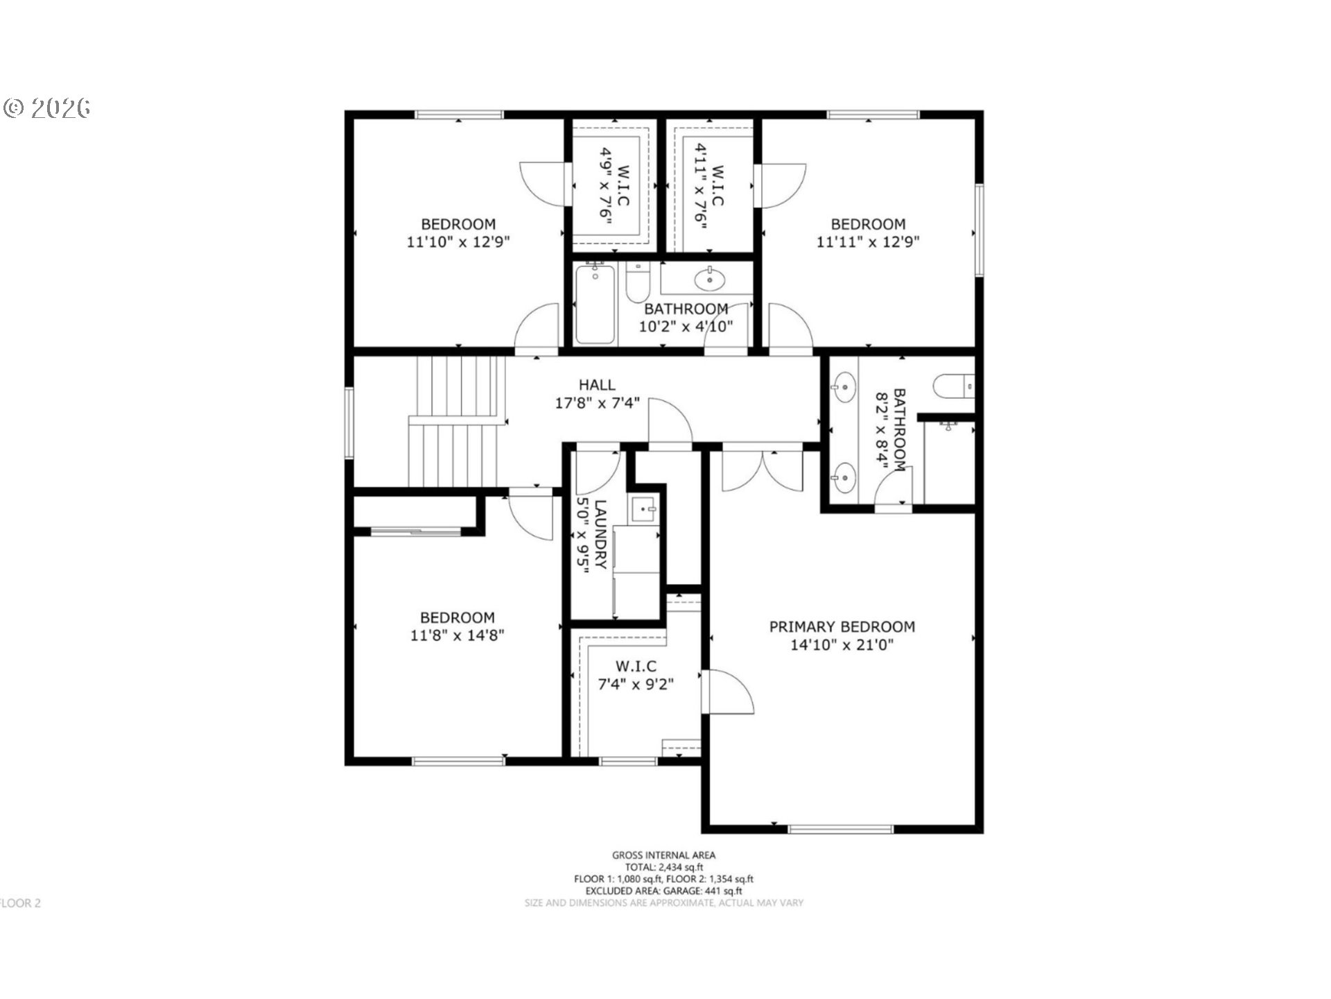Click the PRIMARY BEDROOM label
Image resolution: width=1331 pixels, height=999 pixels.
pyautogui.click(x=842, y=626)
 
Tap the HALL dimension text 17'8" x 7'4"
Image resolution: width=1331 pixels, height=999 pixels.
pyautogui.click(x=597, y=402)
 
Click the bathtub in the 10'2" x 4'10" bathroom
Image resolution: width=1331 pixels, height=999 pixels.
pyautogui.click(x=595, y=304)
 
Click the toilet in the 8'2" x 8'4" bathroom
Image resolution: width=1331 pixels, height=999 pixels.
pyautogui.click(x=954, y=386)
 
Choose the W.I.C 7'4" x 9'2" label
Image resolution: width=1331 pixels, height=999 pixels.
pyautogui.click(x=636, y=675)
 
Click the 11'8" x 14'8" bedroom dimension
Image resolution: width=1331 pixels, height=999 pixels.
pyautogui.click(x=457, y=635)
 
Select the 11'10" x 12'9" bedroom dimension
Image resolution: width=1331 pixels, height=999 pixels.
pyautogui.click(x=458, y=241)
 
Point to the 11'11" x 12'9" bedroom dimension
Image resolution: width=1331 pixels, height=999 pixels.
pyautogui.click(x=868, y=241)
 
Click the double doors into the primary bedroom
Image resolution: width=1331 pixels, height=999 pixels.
pyautogui.click(x=763, y=472)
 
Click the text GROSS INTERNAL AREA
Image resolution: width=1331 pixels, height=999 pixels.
pyautogui.click(x=663, y=855)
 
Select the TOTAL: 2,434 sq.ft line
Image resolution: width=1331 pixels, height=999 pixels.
pyautogui.click(x=664, y=867)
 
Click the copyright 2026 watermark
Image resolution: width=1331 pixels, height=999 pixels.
pyautogui.click(x=47, y=108)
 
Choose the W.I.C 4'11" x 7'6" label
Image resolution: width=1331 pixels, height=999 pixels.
pyautogui.click(x=709, y=186)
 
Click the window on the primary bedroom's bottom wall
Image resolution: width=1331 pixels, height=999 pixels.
pyautogui.click(x=840, y=828)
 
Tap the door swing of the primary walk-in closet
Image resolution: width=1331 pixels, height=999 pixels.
pyautogui.click(x=727, y=691)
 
